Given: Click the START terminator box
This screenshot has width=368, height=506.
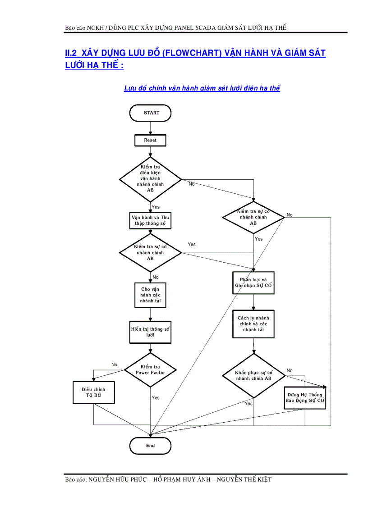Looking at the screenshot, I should click(x=151, y=113).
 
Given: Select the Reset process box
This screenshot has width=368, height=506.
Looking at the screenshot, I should click(x=150, y=140).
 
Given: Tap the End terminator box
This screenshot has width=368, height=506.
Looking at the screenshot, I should click(x=150, y=446).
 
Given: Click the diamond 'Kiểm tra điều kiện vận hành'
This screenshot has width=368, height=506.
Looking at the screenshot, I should click(x=150, y=178).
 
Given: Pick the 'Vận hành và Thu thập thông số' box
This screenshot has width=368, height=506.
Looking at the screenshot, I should click(x=150, y=220).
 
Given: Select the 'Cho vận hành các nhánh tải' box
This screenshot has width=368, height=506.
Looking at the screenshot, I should click(x=150, y=295).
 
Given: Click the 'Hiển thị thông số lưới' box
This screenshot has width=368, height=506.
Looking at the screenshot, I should click(x=150, y=332).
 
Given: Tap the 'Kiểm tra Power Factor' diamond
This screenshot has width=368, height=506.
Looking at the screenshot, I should click(x=150, y=370).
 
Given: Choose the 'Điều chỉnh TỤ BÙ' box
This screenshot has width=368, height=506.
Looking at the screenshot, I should click(x=94, y=392).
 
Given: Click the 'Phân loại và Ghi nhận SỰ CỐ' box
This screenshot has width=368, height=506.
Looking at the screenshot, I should click(x=253, y=283).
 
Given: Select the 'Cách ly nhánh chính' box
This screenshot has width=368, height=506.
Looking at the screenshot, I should click(x=253, y=324).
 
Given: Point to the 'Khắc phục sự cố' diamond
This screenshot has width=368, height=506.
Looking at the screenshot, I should click(x=253, y=376).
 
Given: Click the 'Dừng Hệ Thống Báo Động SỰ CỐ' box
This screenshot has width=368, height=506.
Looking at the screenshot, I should click(x=305, y=397).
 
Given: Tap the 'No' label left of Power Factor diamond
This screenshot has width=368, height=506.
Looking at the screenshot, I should click(x=115, y=365).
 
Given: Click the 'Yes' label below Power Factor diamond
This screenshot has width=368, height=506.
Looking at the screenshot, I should click(x=156, y=398).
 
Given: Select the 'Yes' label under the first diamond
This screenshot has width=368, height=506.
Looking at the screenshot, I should click(x=156, y=207).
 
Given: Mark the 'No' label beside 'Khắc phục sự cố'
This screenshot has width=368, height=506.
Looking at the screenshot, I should click(x=290, y=370).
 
